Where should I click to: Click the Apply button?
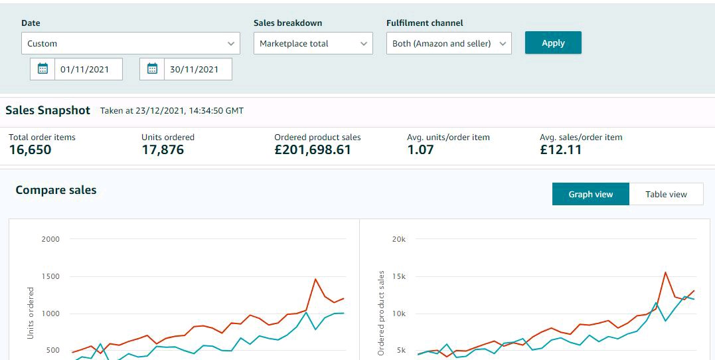(553, 43)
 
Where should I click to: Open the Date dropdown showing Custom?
(130, 43)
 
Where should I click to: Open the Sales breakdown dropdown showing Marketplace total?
(313, 43)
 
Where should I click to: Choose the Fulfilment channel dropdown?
(449, 43)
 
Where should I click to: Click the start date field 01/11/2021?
(88, 69)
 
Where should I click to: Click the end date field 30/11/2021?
(198, 69)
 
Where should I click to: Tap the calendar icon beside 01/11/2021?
(42, 69)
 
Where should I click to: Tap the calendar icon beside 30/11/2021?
(152, 69)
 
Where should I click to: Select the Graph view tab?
(590, 194)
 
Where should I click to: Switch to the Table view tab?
(667, 194)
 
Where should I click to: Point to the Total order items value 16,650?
(30, 149)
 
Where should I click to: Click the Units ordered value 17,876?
(163, 149)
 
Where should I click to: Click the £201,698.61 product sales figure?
(313, 149)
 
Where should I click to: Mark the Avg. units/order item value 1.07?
(420, 149)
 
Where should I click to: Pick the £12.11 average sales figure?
(561, 149)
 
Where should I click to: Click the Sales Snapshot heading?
(48, 110)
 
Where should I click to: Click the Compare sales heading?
(56, 190)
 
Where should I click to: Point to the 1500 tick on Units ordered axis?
(50, 276)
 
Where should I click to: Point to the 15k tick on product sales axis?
(399, 276)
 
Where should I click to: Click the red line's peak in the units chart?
(315, 279)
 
